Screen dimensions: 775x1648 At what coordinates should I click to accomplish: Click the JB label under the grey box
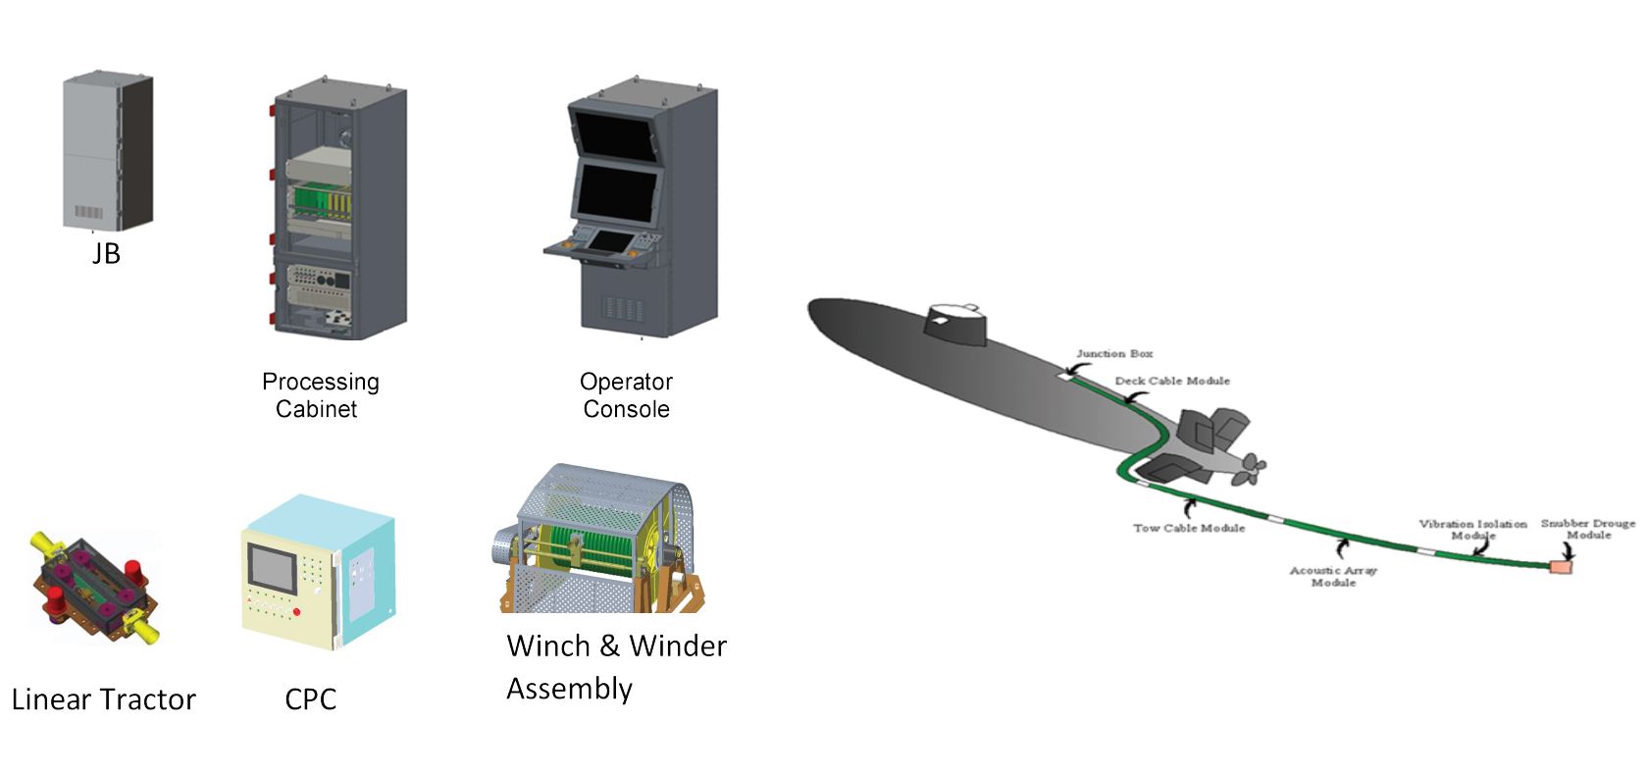(106, 254)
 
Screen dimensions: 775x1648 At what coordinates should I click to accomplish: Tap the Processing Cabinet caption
(320, 395)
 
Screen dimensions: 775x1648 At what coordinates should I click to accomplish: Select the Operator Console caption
(626, 395)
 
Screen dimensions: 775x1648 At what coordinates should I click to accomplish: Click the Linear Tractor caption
(104, 699)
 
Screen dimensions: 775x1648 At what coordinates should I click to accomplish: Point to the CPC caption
(310, 699)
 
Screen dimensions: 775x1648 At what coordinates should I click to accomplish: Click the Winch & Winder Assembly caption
(615, 667)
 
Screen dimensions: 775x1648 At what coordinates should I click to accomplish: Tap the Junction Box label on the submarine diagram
(1114, 353)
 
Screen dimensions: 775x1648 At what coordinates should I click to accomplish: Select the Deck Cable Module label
(1172, 381)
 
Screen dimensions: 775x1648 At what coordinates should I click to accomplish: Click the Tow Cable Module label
(1189, 528)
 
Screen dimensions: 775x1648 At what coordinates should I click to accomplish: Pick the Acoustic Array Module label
(1333, 576)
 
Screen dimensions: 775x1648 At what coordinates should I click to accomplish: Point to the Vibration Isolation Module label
(1472, 530)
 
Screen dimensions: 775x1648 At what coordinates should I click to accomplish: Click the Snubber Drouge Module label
(1588, 529)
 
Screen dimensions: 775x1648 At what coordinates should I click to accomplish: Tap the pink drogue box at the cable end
(1560, 566)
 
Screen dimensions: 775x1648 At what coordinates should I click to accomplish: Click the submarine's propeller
(1252, 469)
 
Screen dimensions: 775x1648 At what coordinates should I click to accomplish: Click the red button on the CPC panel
(296, 612)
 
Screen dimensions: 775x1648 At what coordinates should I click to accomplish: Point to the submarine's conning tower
(953, 325)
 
